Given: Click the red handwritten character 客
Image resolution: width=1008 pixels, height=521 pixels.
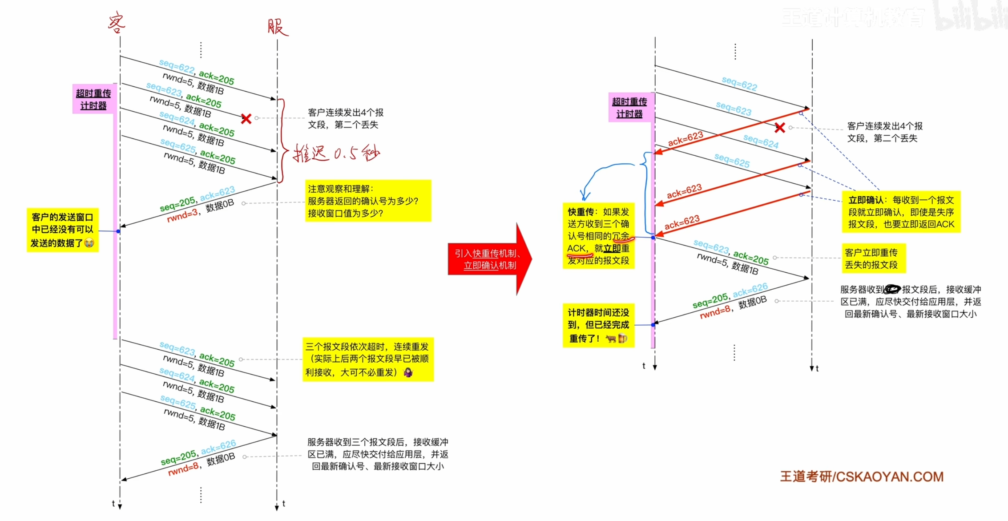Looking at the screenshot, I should pyautogui.click(x=117, y=23).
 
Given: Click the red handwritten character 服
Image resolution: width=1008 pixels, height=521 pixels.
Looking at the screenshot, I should pyautogui.click(x=278, y=27).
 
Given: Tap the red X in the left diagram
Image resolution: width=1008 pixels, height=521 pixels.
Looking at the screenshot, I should pyautogui.click(x=246, y=119).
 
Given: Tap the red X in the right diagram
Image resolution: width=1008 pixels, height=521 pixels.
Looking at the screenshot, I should pyautogui.click(x=779, y=128).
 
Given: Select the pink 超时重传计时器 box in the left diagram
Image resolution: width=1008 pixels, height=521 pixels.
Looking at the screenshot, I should pyautogui.click(x=93, y=99).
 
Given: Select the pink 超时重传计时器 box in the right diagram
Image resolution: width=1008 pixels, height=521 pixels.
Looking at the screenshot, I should pyautogui.click(x=629, y=108).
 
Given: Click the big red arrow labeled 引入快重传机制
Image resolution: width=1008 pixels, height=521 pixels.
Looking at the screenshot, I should pyautogui.click(x=489, y=259).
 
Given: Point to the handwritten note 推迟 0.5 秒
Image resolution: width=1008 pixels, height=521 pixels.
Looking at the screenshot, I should pyautogui.click(x=336, y=153).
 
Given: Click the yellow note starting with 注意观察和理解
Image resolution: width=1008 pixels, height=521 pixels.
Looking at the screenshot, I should pyautogui.click(x=368, y=201).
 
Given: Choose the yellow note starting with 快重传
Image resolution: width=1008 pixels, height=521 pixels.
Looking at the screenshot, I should pyautogui.click(x=598, y=236).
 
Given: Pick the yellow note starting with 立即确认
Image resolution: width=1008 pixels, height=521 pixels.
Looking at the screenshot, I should pyautogui.click(x=901, y=212).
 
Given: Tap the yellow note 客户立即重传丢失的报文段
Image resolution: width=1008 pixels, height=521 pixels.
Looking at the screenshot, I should pyautogui.click(x=873, y=258).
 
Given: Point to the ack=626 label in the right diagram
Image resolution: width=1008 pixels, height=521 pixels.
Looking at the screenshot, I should pyautogui.click(x=750, y=290).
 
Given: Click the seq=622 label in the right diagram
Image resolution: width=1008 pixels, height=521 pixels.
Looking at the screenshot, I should pyautogui.click(x=739, y=83).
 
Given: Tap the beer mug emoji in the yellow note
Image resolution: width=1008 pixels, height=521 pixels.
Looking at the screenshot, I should pyautogui.click(x=623, y=339).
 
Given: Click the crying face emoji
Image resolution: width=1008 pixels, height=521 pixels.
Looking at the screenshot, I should pyautogui.click(x=89, y=243).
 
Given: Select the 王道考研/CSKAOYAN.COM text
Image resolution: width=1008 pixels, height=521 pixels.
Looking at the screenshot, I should pyautogui.click(x=862, y=477).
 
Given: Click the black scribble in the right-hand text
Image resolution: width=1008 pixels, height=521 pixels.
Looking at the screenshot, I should pyautogui.click(x=892, y=290).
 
